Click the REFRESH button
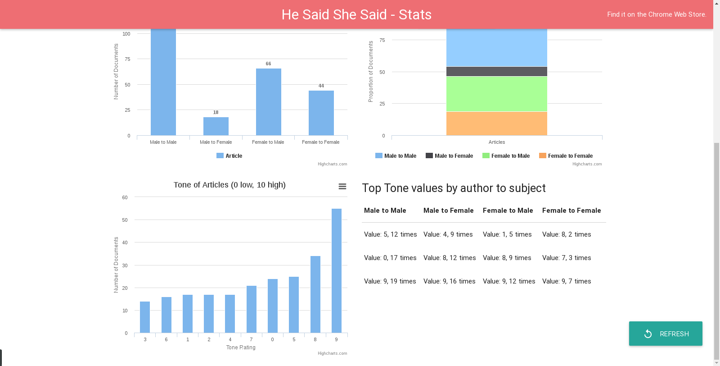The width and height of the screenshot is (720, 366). click(666, 334)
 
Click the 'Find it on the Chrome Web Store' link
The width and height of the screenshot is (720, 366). click(657, 14)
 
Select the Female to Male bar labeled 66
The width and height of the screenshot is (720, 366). click(268, 102)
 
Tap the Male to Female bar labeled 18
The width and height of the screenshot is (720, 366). click(216, 126)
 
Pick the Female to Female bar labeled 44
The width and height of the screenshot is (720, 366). click(321, 113)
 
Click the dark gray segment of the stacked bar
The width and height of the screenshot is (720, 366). click(496, 71)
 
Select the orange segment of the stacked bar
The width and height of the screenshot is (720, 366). click(496, 123)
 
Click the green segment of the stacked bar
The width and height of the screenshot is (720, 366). click(496, 94)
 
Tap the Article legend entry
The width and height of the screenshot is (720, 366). click(229, 156)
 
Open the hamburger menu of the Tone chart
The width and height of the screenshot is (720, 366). click(342, 187)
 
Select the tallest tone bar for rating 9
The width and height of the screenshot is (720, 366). click(337, 270)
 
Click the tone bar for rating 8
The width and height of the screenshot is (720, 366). click(315, 294)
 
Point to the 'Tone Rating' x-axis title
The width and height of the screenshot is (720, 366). click(241, 348)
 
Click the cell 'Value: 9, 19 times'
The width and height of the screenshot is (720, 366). click(390, 281)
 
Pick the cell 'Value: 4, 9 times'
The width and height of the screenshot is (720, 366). click(448, 234)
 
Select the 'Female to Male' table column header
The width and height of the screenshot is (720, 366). click(508, 210)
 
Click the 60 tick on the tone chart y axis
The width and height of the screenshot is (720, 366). click(125, 197)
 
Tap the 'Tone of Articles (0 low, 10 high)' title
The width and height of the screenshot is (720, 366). click(229, 185)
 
